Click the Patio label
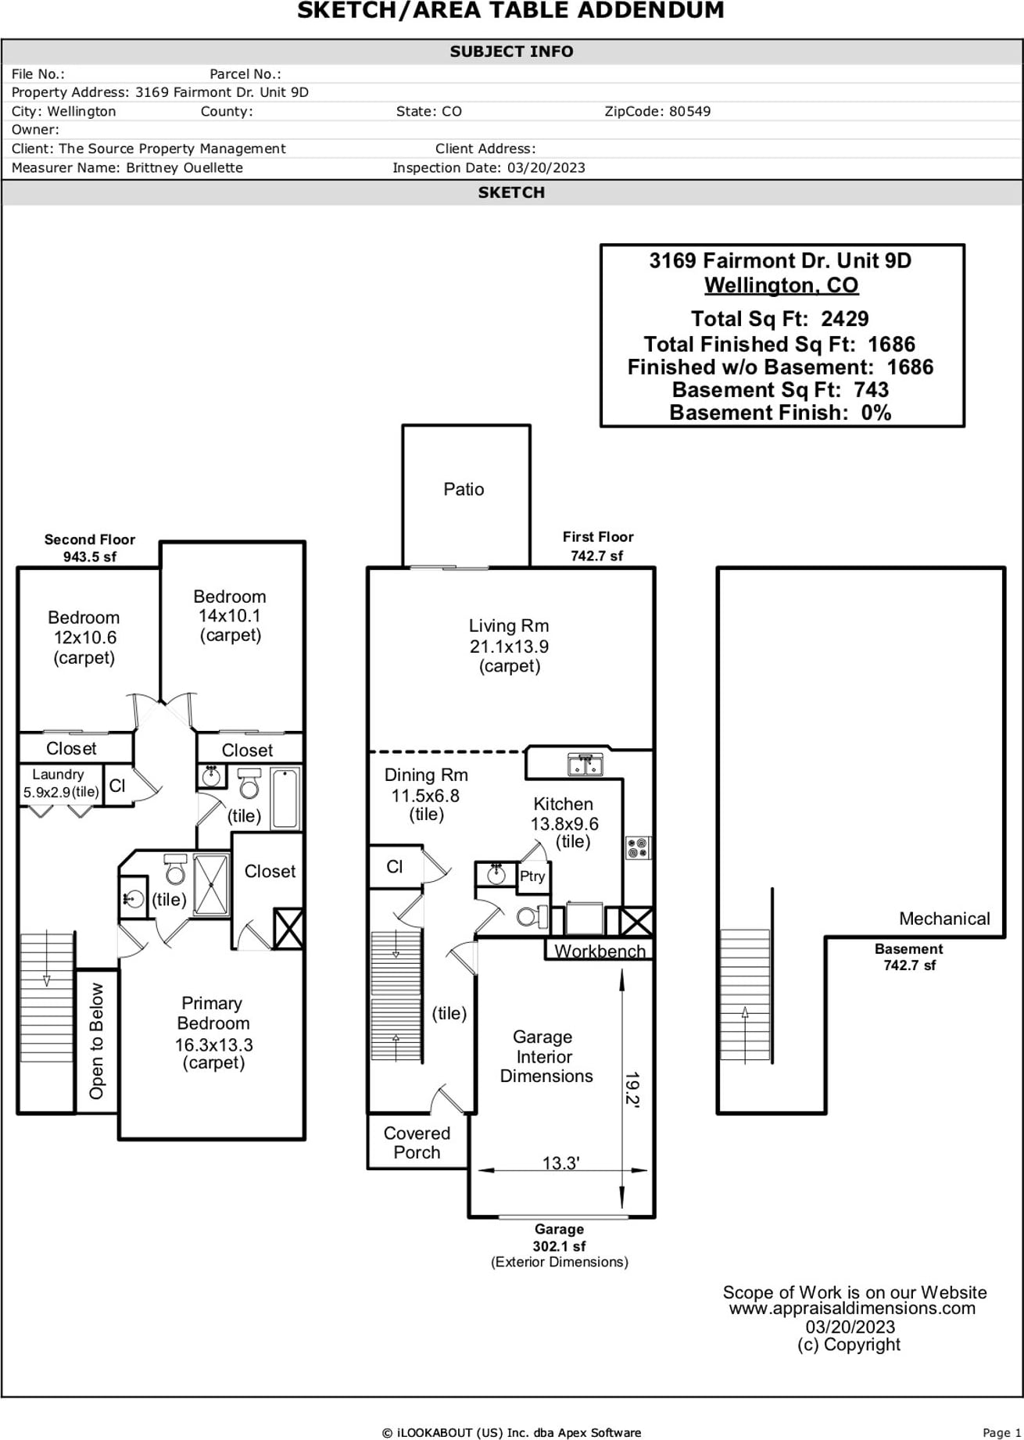point(464,489)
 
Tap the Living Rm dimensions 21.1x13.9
point(509,647)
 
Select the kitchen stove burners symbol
point(638,848)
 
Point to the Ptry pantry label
point(532,876)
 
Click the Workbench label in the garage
point(600,951)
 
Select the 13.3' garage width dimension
point(560,1163)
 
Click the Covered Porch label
point(417,1143)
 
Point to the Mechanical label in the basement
point(943,919)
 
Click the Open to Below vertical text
point(96,1041)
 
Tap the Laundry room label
point(58,774)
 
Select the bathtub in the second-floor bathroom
point(285,797)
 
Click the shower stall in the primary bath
point(211,885)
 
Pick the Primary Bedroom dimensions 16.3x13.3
point(213,1044)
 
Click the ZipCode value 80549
point(689,111)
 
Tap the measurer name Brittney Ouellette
point(184,168)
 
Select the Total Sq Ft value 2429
point(844,319)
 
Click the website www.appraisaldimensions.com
point(852,1309)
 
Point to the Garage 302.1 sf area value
point(559,1246)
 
